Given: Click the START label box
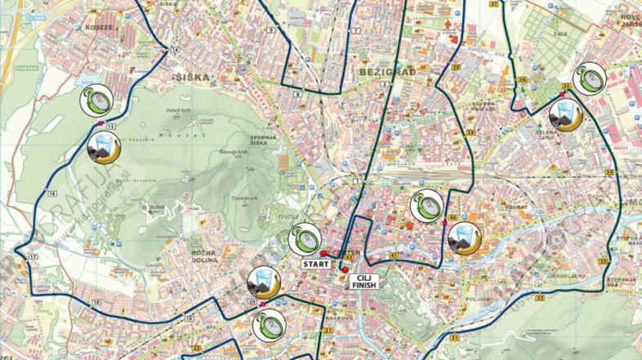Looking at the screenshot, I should tap(316, 264).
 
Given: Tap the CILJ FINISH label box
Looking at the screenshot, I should tap(363, 282).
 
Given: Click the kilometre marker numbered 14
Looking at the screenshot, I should tap(174, 50).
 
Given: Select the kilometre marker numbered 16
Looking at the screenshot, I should tap(51, 193).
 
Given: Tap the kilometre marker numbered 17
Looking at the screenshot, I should tap(33, 257).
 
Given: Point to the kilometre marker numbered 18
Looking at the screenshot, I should tap(96, 302).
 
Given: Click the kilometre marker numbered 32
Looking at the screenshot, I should tap(540, 297).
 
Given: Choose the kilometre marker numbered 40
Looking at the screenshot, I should tap(452, 218).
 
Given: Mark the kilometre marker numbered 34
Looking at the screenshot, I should tap(609, 172).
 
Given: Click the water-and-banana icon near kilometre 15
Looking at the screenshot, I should tap(105, 149).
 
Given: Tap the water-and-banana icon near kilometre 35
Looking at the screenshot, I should tap(564, 115).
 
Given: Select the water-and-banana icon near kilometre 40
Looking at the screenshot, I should tap(464, 238).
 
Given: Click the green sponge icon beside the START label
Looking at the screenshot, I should tap(304, 238).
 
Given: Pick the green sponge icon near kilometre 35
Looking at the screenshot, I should tap(589, 79).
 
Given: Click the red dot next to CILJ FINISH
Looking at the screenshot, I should tap(346, 270).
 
